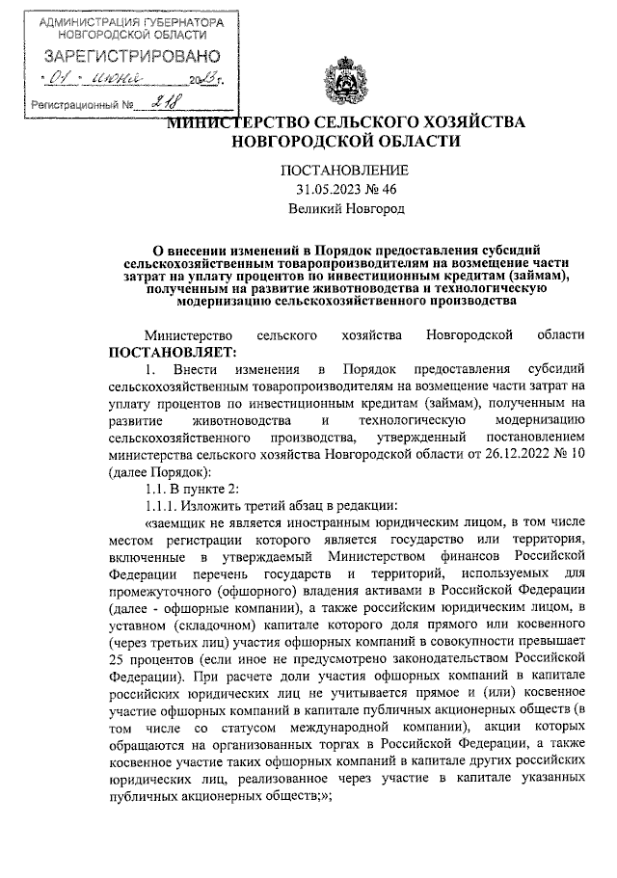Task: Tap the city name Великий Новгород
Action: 347,207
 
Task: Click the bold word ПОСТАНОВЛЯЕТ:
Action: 166,352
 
